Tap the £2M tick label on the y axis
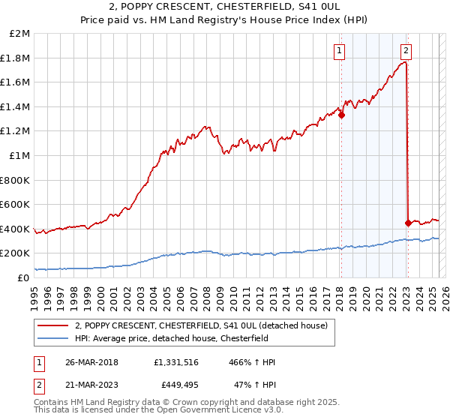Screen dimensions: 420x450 pyautogui.click(x=20, y=34)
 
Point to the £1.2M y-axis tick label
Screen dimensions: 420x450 pyautogui.click(x=17, y=131)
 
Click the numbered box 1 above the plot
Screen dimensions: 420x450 pyautogui.click(x=340, y=51)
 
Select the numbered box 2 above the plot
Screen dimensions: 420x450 pyautogui.click(x=406, y=51)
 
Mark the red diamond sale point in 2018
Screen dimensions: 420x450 pyautogui.click(x=341, y=115)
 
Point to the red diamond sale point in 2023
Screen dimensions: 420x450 pyautogui.click(x=408, y=223)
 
